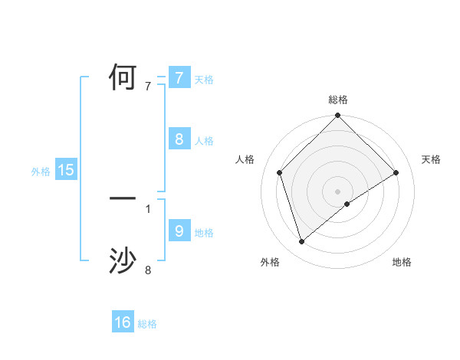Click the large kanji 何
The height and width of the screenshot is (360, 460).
[x=123, y=78]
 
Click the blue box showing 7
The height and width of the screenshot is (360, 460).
[x=179, y=78]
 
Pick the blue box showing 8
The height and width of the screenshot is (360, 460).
[x=179, y=139]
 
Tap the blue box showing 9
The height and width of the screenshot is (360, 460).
[x=179, y=231]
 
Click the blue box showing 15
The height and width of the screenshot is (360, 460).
[x=66, y=170]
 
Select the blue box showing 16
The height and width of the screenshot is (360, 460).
[x=123, y=322]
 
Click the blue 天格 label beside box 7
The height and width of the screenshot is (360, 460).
[x=204, y=80]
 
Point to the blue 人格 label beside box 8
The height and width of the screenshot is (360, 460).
[x=204, y=141]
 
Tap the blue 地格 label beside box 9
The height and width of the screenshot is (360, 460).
[x=204, y=232]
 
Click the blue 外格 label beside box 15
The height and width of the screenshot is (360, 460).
[x=41, y=172]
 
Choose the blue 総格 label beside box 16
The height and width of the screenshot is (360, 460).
[x=147, y=324]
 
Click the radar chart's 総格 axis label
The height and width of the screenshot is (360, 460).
[x=338, y=100]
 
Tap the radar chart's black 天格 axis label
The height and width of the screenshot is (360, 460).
[x=432, y=159]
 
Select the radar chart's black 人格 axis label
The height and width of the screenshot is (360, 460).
[x=245, y=159]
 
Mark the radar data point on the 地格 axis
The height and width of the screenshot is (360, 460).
[x=347, y=204]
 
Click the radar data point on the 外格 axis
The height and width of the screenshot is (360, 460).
[x=301, y=242]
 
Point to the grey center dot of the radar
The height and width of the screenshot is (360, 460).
[x=338, y=191]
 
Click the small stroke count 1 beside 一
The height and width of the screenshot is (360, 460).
[x=148, y=208]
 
